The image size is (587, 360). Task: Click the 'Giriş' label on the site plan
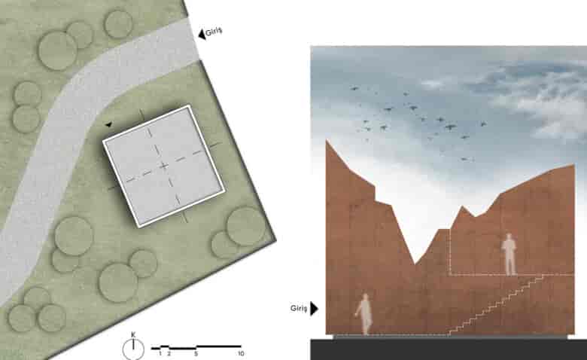tap(214, 31)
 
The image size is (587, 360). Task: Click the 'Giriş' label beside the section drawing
tap(298, 308)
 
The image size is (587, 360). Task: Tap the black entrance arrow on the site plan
tap(202, 34)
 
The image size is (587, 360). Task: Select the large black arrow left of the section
tap(314, 309)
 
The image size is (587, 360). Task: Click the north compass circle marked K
tap(133, 349)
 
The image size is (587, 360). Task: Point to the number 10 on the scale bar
tap(241, 353)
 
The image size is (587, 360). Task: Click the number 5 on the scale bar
tap(196, 353)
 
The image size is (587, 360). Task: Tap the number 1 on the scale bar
tap(160, 353)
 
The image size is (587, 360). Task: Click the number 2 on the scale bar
tap(169, 353)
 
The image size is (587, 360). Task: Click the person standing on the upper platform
tap(509, 255)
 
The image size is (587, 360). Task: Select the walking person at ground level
tap(364, 314)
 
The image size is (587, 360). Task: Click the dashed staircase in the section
tap(496, 305)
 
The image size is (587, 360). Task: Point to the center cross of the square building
tap(163, 166)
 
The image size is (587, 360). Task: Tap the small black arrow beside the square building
tap(108, 124)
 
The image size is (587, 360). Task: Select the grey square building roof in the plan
tap(164, 166)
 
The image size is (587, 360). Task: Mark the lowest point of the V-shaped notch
tap(415, 264)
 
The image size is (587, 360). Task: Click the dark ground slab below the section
tap(449, 349)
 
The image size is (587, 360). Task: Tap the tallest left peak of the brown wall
tap(327, 140)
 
